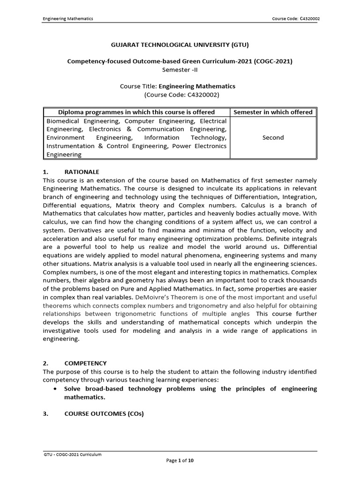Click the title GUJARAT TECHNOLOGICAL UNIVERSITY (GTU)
click(x=180, y=45)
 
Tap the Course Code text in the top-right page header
click(x=296, y=19)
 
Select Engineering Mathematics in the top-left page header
click(x=68, y=19)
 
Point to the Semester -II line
click(x=180, y=69)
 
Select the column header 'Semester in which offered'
click(x=273, y=112)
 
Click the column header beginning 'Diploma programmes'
click(x=136, y=112)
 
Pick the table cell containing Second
click(x=273, y=137)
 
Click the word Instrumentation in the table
click(x=70, y=146)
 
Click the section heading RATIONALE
click(x=82, y=172)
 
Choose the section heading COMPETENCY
click(x=85, y=363)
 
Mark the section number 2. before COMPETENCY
click(x=45, y=363)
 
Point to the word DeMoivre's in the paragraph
click(x=153, y=298)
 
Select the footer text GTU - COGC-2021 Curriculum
click(x=72, y=454)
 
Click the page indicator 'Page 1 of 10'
click(x=180, y=461)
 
